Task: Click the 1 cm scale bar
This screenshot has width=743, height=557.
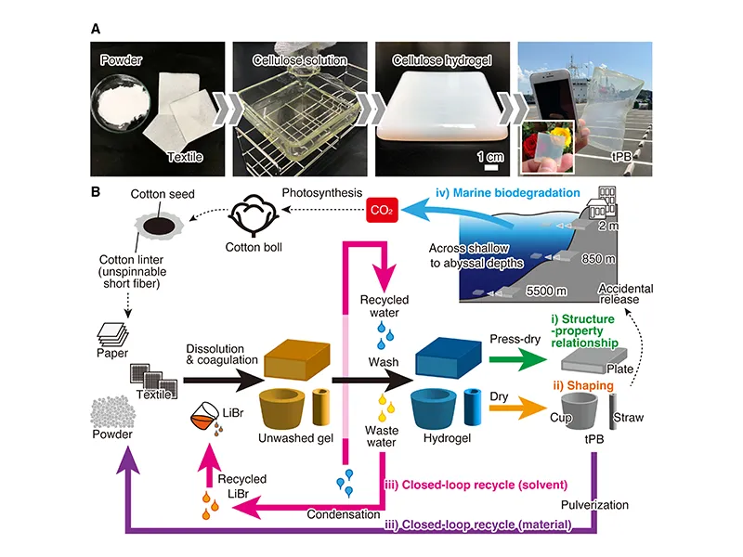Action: coord(490,166)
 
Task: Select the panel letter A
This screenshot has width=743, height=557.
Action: coord(95,28)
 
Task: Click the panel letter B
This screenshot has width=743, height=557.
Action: coord(95,192)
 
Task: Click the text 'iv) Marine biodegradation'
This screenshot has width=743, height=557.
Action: coord(502,195)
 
